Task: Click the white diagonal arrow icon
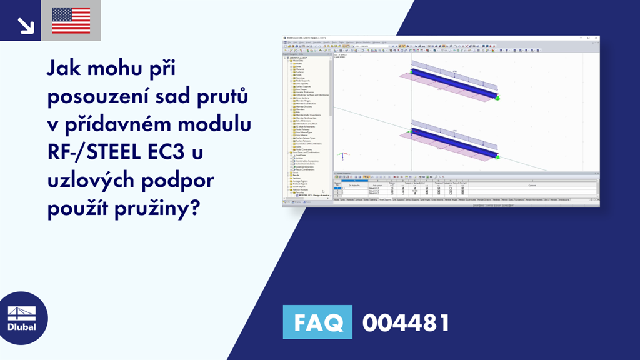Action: (26, 24)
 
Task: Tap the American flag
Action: (71, 21)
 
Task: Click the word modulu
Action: (212, 124)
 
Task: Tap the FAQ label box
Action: (317, 323)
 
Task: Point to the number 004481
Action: (406, 323)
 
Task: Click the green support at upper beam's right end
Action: (497, 97)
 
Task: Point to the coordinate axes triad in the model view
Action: (341, 154)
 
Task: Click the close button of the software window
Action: (596, 38)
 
